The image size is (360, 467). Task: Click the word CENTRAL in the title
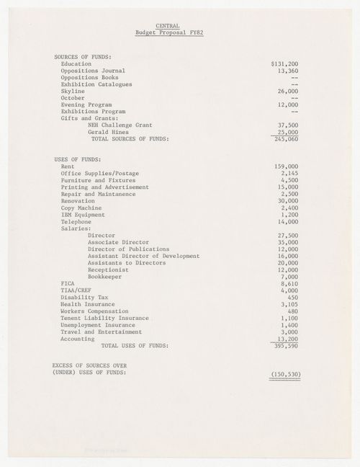point(168,26)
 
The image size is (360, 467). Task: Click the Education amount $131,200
point(284,63)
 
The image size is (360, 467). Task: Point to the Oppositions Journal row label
point(94,71)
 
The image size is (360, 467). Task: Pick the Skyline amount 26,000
point(287,92)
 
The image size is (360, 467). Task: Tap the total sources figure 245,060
point(286,140)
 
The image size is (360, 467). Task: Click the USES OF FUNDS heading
point(77,159)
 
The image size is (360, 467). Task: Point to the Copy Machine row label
point(82,208)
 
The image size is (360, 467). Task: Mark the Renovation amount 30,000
point(287,200)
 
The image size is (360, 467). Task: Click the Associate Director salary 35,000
point(287,242)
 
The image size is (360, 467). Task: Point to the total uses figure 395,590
point(286,346)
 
